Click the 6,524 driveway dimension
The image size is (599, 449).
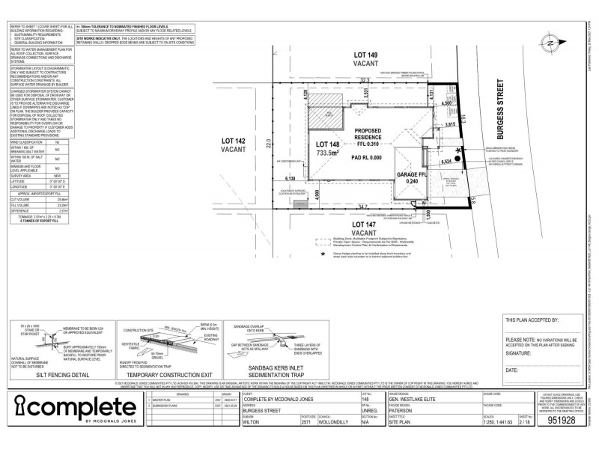click(x=446, y=162)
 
